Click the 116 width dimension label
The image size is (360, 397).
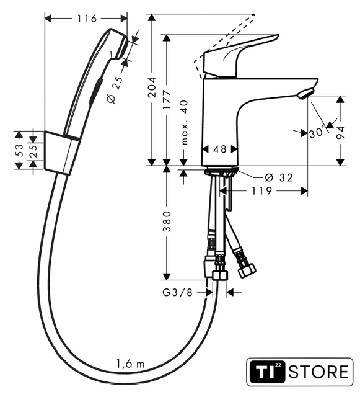(x=87, y=19)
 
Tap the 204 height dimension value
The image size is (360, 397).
(x=152, y=87)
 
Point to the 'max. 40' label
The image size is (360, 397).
(x=185, y=122)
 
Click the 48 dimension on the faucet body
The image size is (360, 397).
(x=219, y=149)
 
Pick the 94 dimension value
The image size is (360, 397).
(x=341, y=132)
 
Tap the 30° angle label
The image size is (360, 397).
(x=317, y=132)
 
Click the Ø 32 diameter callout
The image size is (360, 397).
(x=279, y=177)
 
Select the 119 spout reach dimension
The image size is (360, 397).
(x=261, y=191)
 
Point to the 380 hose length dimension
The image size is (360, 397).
(x=167, y=221)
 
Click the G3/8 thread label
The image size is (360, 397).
(x=177, y=293)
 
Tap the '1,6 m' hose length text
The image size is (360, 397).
(x=130, y=364)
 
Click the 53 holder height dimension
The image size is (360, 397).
(x=19, y=150)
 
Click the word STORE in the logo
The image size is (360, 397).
(x=318, y=372)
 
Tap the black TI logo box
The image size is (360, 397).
(x=268, y=372)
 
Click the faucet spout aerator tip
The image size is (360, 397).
(x=306, y=93)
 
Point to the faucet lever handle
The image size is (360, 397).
(x=240, y=56)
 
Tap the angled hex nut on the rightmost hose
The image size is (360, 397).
(x=247, y=270)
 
